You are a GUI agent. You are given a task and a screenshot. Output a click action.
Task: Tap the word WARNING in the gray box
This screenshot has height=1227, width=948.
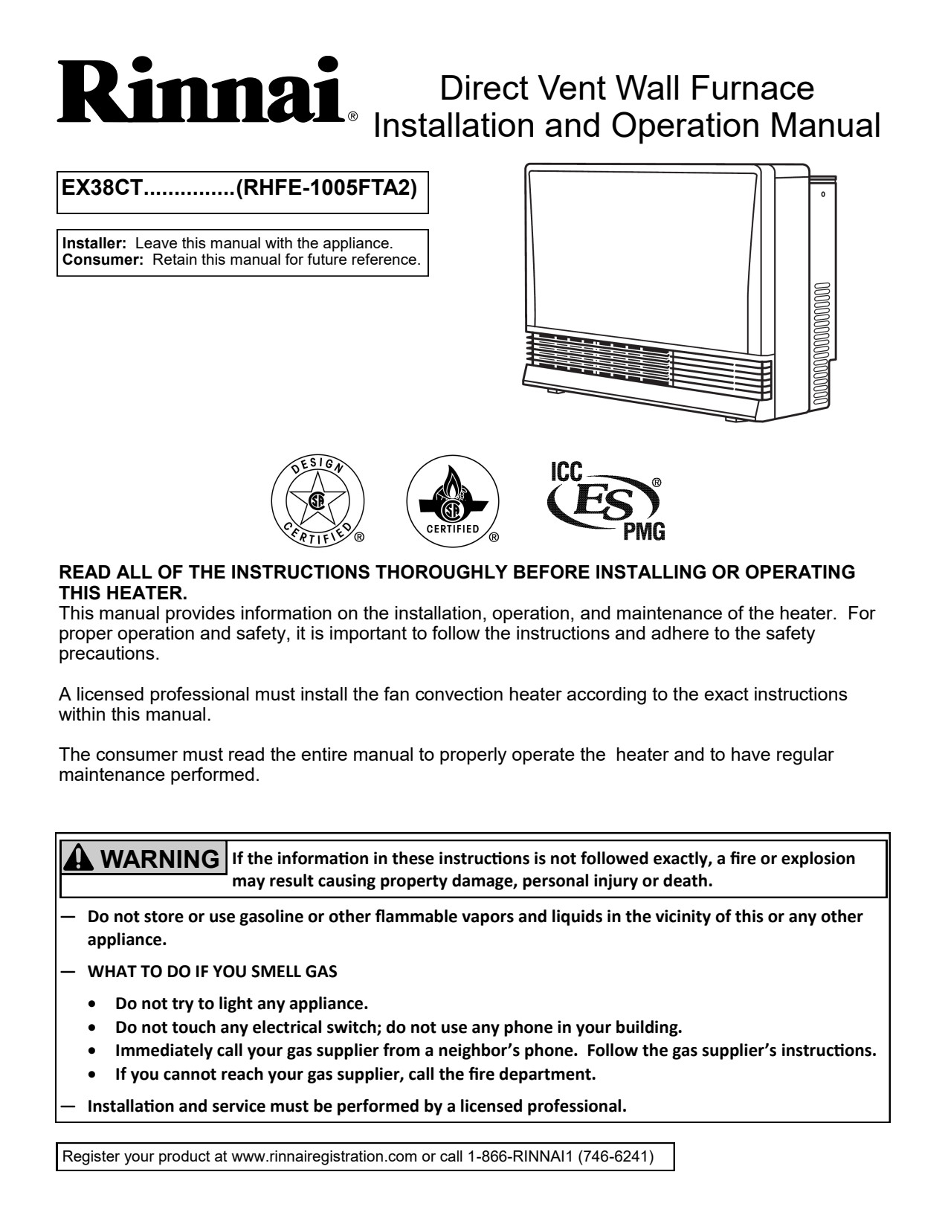[160, 860]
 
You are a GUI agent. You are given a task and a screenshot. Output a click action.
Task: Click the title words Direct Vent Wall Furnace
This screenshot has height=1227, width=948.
[627, 88]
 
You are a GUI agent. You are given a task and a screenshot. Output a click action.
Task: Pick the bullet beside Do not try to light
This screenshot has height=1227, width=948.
[91, 1004]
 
